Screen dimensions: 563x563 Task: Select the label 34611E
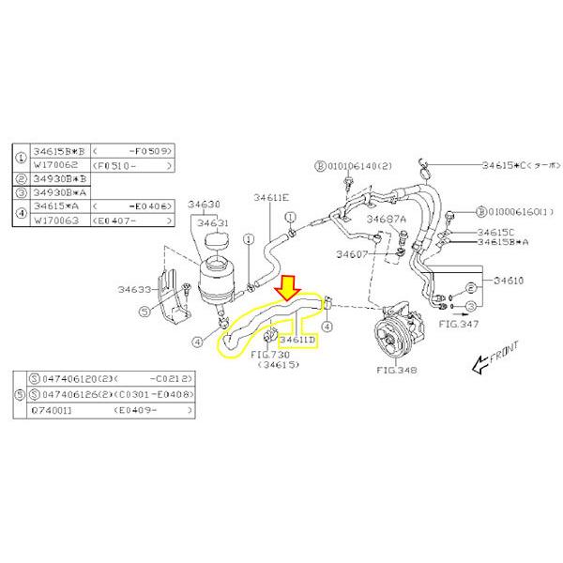tap(271, 198)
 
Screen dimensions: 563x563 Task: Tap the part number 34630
tap(204, 205)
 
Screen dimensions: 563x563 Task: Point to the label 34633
tap(135, 290)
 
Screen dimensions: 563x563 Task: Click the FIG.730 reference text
tap(270, 356)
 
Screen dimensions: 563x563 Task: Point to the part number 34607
tap(352, 253)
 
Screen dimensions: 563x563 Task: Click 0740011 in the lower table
tap(54, 410)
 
